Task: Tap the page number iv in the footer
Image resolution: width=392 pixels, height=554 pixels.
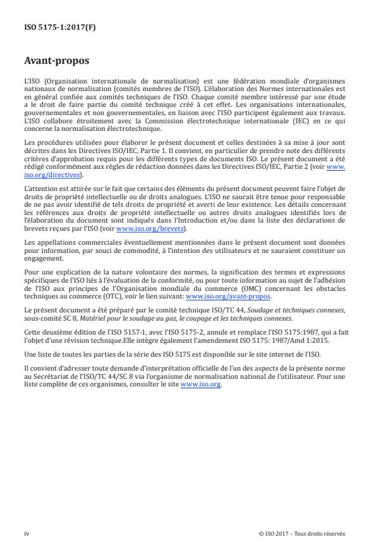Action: [x=26, y=533]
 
